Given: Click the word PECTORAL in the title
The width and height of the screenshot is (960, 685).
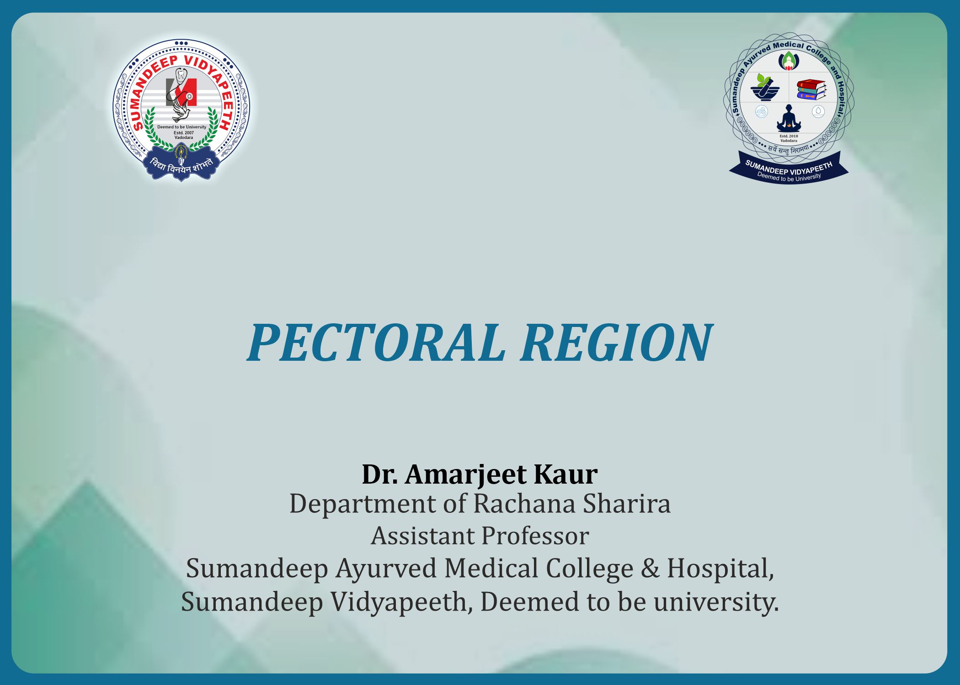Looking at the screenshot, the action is coord(376,342).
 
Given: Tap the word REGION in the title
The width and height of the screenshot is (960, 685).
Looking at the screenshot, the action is coord(616,342).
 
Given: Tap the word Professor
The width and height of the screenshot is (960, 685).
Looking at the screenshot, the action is coord(534,536).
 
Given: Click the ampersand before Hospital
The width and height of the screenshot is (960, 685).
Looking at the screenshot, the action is coord(650,569).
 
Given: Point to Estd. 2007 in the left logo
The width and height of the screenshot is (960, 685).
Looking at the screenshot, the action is coord(184,132).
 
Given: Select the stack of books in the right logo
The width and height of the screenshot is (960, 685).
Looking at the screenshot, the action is coord(811,90).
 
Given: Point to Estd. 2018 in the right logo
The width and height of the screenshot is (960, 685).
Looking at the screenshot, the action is coord(789,136).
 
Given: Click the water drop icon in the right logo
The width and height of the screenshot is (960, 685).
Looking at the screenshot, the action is coord(818,111).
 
